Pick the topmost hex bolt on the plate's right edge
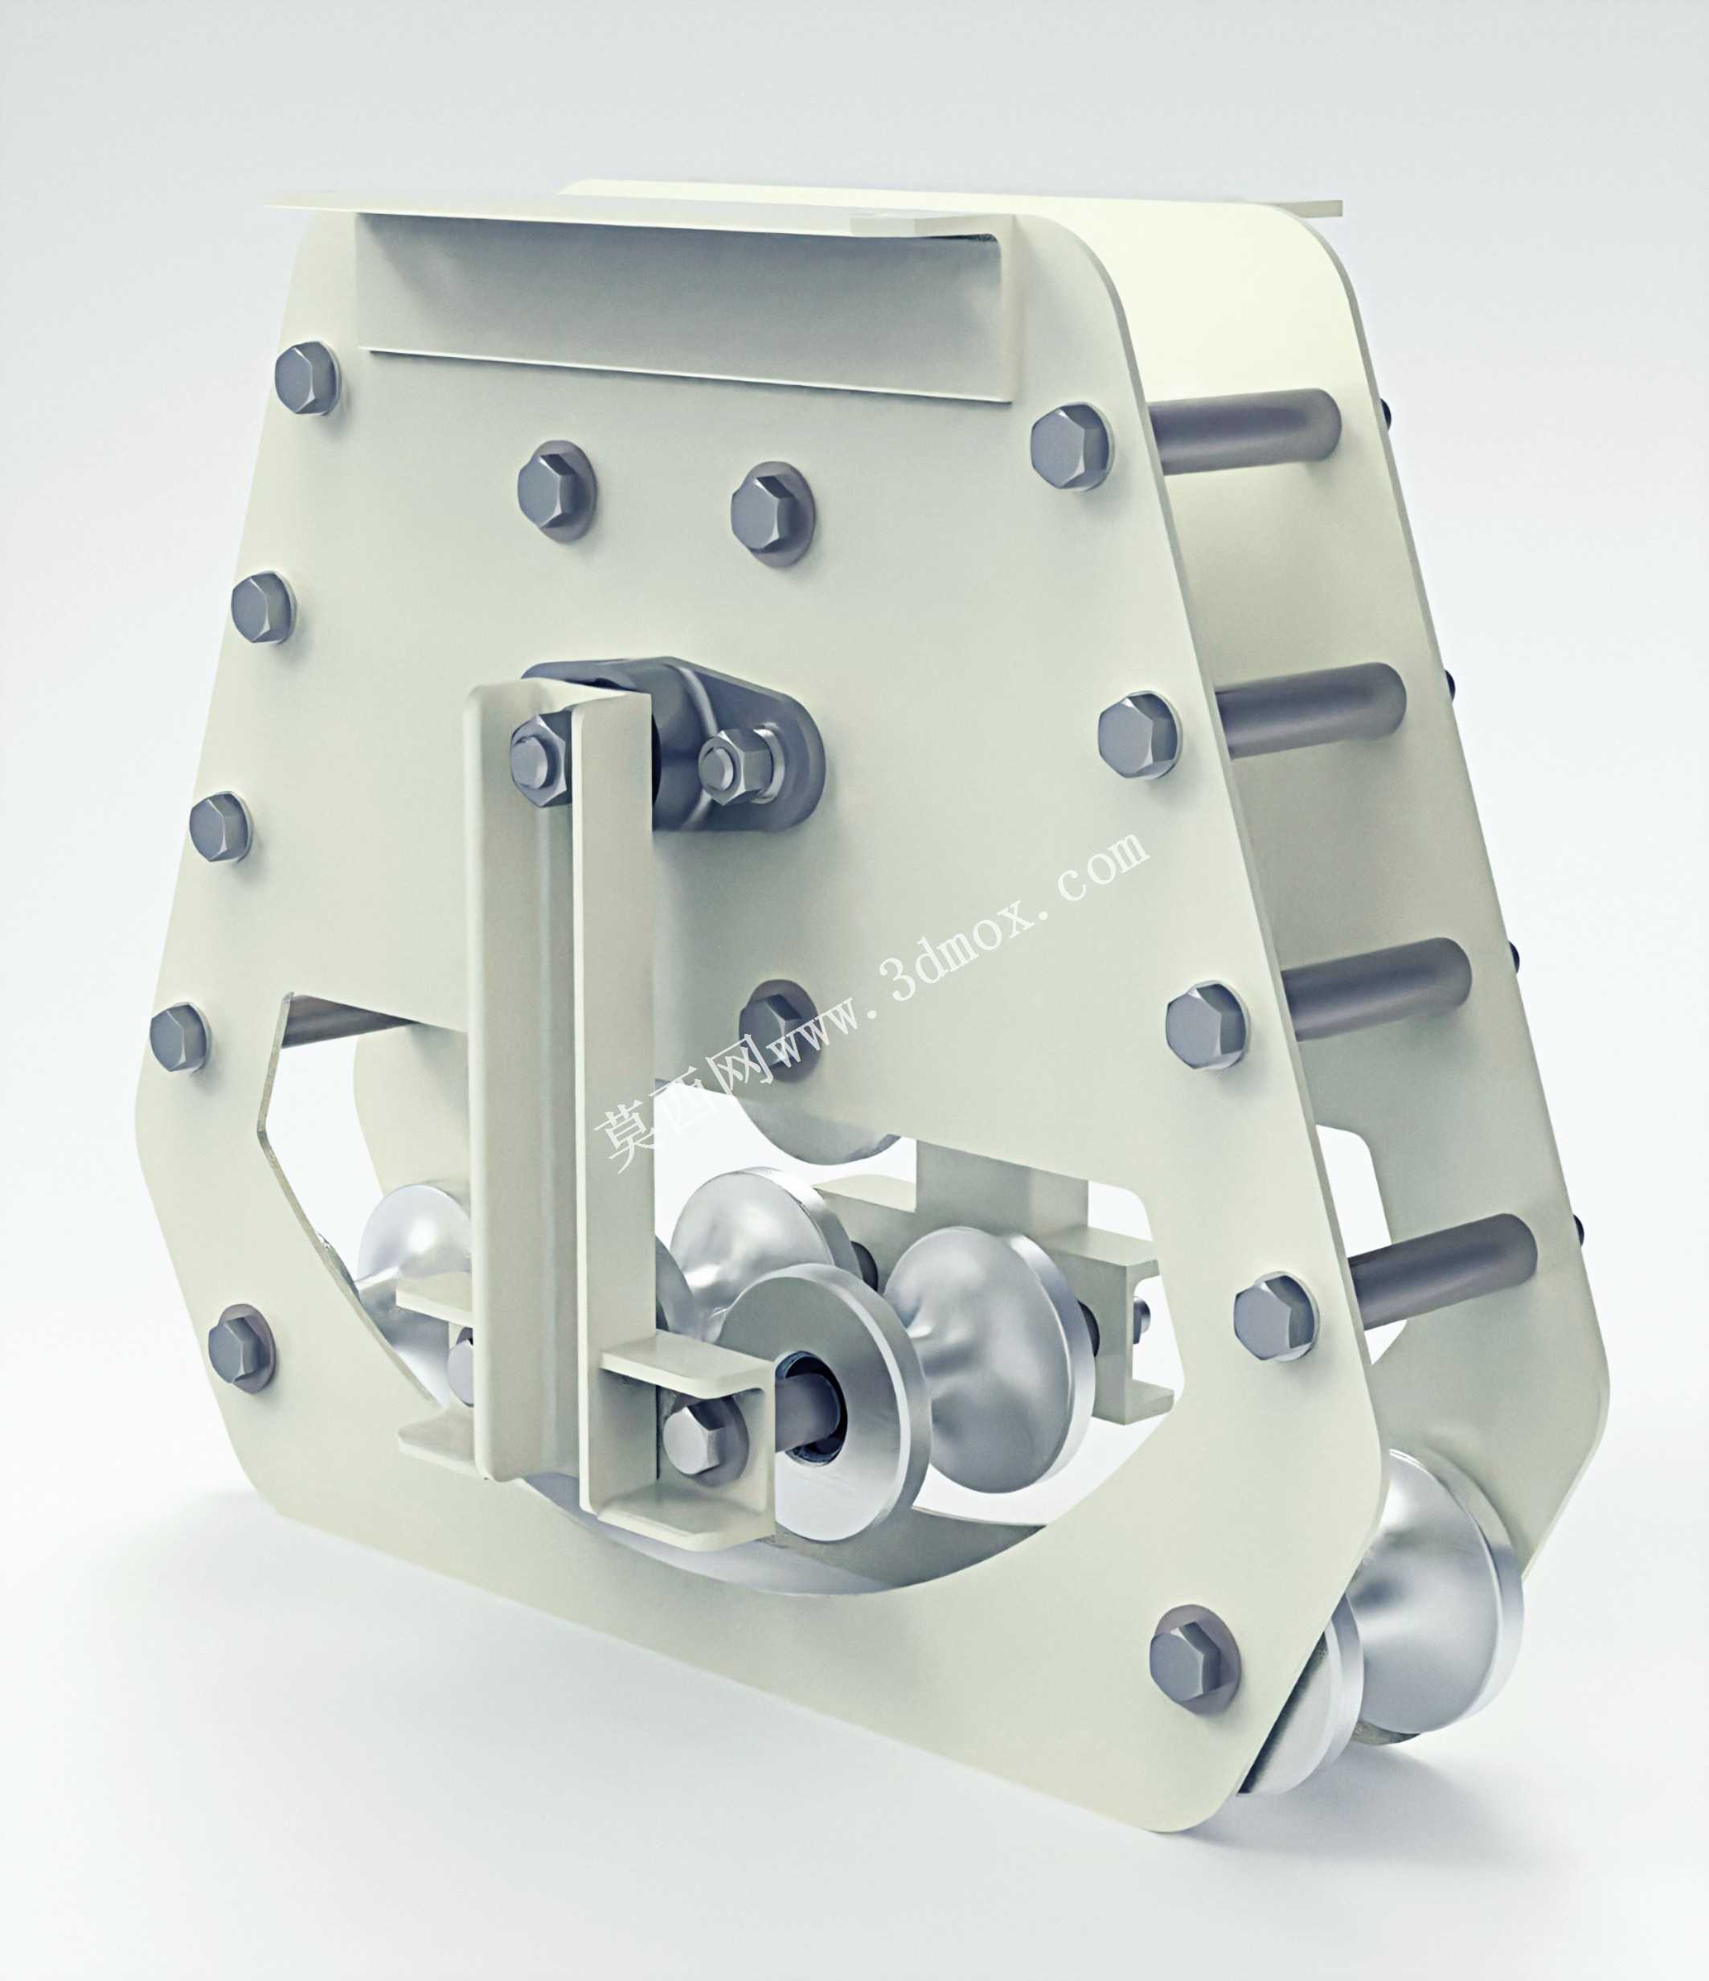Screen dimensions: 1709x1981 pos(1072,448)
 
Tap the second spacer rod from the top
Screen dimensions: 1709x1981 pos(1309,708)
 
